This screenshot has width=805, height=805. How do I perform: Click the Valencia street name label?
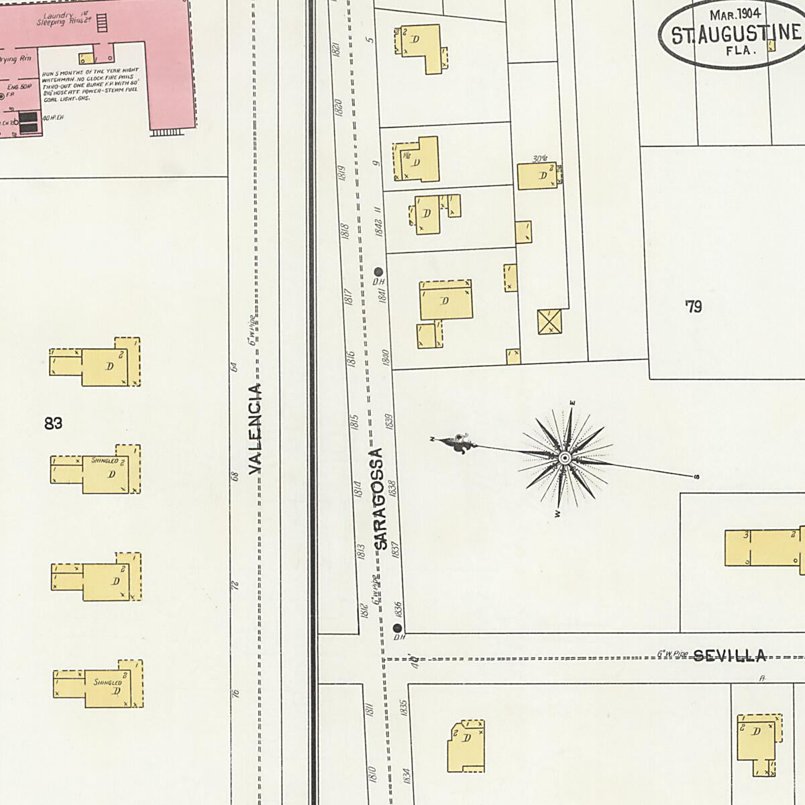click(255, 429)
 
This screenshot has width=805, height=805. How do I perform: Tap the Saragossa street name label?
click(379, 500)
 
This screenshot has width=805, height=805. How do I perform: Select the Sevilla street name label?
click(729, 655)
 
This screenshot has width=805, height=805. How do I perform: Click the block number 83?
click(53, 423)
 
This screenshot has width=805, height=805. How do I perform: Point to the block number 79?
click(693, 307)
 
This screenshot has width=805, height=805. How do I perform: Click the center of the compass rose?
click(565, 458)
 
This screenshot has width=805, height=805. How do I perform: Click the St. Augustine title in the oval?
click(735, 34)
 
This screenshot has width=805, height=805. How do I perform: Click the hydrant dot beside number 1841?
click(378, 272)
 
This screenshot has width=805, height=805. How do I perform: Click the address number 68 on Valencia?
click(235, 476)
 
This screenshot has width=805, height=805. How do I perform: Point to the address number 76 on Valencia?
click(235, 693)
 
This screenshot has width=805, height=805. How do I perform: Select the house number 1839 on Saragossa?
click(389, 421)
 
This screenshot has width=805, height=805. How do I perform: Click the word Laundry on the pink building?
click(56, 15)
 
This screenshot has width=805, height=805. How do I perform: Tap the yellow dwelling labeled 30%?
click(537, 176)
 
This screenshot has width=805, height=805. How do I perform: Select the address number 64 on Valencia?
click(234, 367)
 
